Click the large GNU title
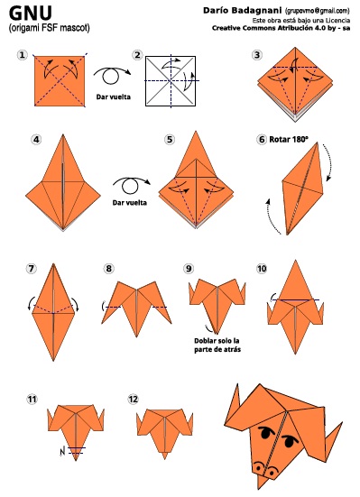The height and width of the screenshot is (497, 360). (31, 14)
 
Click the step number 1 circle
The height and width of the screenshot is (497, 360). (22, 55)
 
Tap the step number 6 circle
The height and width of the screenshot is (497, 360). (262, 140)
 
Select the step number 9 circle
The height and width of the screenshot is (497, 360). (189, 269)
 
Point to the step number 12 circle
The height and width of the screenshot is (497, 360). (134, 399)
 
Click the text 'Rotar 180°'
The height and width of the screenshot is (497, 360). (289, 140)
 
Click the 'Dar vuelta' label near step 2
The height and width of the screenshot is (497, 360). (114, 97)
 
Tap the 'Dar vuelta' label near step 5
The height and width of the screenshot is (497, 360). (130, 203)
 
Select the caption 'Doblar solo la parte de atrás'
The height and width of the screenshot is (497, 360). (217, 345)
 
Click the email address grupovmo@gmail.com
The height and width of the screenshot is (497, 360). (318, 11)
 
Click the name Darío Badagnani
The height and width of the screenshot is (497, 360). (242, 11)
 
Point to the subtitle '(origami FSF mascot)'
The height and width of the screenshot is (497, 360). (49, 28)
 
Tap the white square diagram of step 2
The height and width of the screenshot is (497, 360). (171, 81)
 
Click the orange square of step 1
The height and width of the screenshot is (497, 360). (60, 81)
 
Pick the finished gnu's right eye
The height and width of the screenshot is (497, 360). (289, 440)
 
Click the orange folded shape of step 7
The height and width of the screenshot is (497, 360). (53, 312)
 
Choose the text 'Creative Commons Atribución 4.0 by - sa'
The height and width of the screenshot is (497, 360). (281, 28)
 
